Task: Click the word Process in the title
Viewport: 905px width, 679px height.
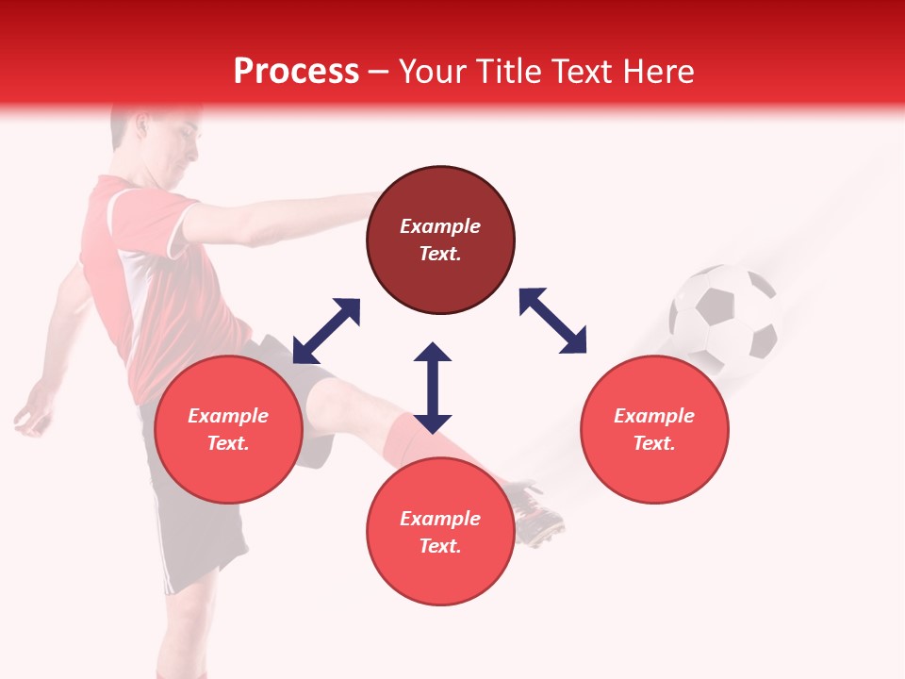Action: click(x=296, y=72)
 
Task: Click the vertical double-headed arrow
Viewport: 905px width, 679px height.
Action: click(x=433, y=388)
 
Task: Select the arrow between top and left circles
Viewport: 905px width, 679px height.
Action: click(x=326, y=331)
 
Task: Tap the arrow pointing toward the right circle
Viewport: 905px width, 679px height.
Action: click(x=552, y=321)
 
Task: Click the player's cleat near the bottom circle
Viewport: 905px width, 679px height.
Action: click(x=538, y=514)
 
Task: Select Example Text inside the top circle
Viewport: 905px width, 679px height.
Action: click(x=440, y=240)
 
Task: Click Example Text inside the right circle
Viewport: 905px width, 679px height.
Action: click(x=654, y=429)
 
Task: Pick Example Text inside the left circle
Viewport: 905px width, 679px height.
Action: click(x=228, y=429)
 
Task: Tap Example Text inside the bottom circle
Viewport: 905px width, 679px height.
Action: click(x=440, y=532)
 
